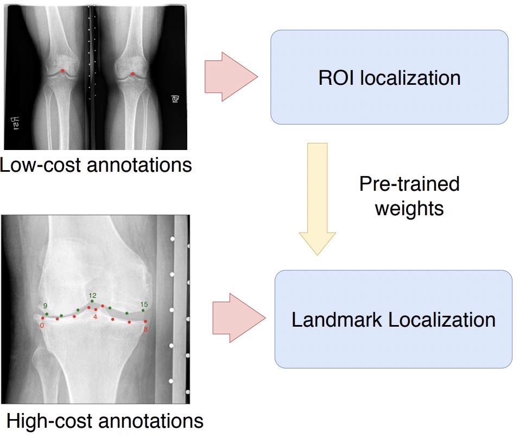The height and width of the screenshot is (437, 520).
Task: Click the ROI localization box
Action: click(389, 78)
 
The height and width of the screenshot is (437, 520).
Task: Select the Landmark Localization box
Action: click(394, 319)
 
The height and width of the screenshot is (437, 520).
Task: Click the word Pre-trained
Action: click(409, 184)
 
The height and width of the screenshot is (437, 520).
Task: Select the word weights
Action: click(409, 208)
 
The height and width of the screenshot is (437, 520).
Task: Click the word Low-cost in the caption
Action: click(40, 164)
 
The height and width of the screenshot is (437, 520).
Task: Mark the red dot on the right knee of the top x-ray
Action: click(133, 74)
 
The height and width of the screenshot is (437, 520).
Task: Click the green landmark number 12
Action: click(92, 295)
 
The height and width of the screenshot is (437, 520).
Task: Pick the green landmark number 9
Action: click(45, 305)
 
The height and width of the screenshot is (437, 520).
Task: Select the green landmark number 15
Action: click(144, 303)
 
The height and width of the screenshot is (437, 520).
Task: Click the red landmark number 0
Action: click(42, 326)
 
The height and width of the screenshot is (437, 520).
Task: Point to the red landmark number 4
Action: click(95, 316)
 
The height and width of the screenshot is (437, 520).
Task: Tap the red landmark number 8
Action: click(145, 329)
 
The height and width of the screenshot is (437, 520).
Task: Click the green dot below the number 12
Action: click(92, 301)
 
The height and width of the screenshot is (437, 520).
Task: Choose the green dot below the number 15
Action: click(143, 310)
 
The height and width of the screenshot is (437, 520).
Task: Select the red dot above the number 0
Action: click(42, 318)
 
